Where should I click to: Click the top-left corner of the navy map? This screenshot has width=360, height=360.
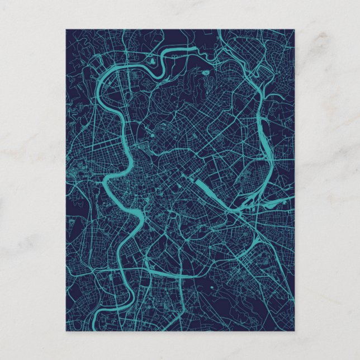[x=66, y=30]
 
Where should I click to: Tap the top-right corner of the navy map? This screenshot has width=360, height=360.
[x=294, y=30]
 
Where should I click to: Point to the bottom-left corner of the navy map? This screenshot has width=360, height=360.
[x=66, y=331]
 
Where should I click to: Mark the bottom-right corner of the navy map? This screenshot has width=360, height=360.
[x=294, y=331]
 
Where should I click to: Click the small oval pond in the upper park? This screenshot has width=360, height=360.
[x=202, y=71]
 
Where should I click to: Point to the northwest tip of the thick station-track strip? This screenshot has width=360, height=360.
[x=193, y=179]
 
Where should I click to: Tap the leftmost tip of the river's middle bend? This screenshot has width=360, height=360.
[x=105, y=180]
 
